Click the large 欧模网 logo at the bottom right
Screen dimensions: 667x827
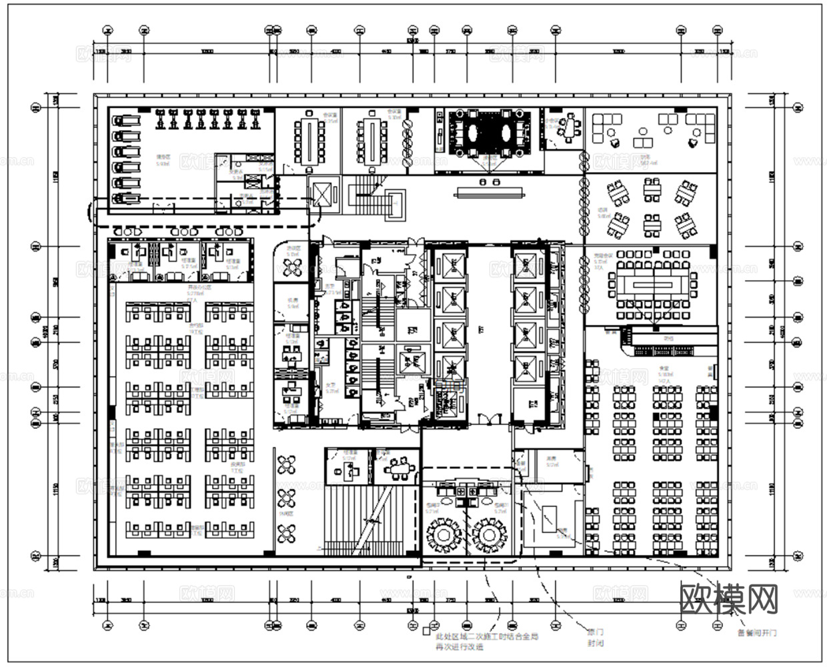tap(729, 600)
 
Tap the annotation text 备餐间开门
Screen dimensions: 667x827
tap(756, 632)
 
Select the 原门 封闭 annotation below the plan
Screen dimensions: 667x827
tap(596, 636)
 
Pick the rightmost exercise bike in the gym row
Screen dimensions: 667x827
tap(256, 120)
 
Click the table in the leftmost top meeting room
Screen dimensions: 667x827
tap(309, 139)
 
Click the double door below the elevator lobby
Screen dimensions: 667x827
tap(489, 419)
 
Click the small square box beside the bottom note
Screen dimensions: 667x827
tap(427, 630)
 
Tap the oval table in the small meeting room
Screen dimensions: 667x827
tap(568, 128)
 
